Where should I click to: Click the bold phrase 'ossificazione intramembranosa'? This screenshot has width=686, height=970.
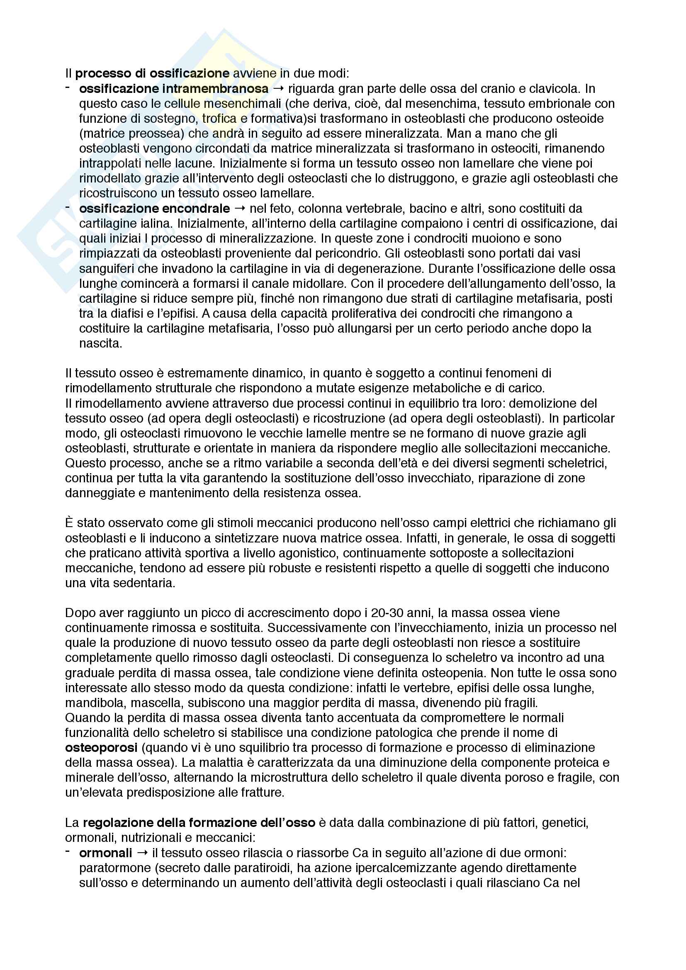pyautogui.click(x=174, y=89)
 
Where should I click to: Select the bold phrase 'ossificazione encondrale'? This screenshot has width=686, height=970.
pyautogui.click(x=155, y=209)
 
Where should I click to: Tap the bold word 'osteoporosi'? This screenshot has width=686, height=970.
pyautogui.click(x=101, y=748)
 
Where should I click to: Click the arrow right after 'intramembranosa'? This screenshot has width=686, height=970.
pyautogui.click(x=278, y=89)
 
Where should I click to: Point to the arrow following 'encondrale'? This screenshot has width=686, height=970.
pyautogui.click(x=240, y=209)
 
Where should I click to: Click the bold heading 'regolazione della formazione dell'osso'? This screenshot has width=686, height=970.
pyautogui.click(x=199, y=823)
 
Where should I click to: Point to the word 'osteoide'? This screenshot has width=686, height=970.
pyautogui.click(x=578, y=119)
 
